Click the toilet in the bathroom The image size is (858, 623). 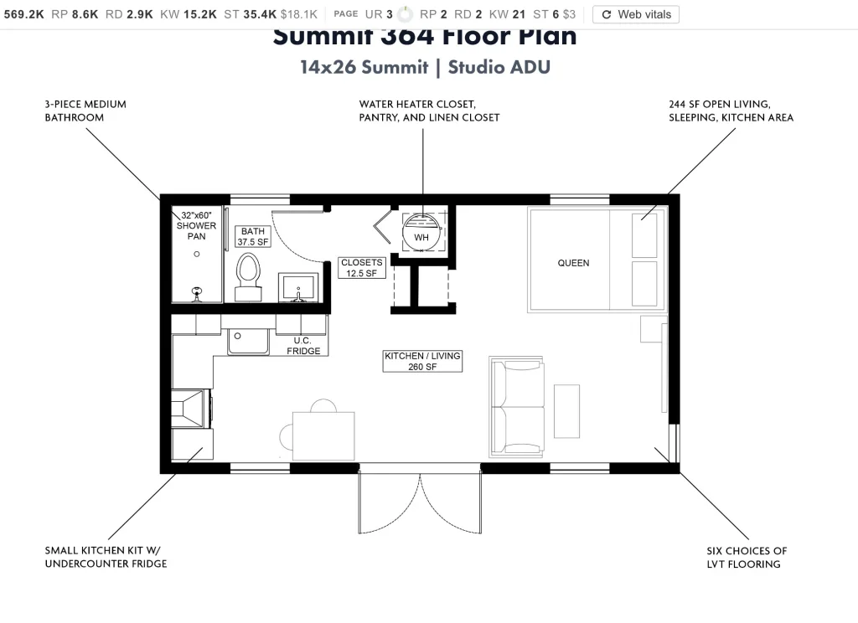(x=248, y=273)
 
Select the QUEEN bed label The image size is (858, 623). (x=573, y=263)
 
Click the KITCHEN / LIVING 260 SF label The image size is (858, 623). (x=422, y=362)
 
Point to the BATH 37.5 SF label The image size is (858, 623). (x=253, y=237)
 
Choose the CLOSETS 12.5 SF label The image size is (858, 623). (x=362, y=268)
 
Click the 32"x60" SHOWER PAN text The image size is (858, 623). (x=196, y=226)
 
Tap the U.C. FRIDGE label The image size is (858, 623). (x=303, y=346)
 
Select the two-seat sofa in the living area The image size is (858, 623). (x=517, y=407)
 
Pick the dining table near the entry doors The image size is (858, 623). (x=323, y=435)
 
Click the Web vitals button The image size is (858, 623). (x=636, y=14)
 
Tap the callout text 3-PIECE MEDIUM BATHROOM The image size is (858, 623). (x=85, y=111)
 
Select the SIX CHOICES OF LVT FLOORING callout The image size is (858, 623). (x=747, y=558)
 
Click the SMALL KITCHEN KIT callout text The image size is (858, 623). (x=106, y=558)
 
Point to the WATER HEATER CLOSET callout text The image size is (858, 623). (x=429, y=111)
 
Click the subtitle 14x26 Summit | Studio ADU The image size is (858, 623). (x=425, y=67)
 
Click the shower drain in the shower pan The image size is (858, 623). (x=197, y=253)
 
